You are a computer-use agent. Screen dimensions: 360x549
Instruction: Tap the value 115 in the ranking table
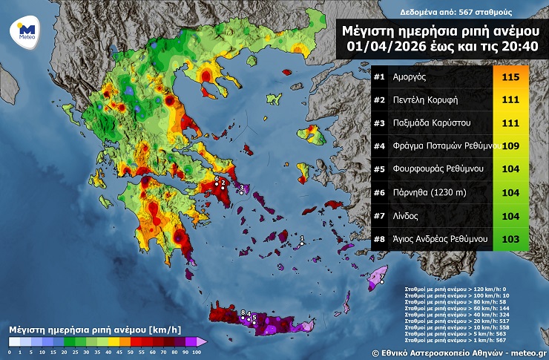point(510,76)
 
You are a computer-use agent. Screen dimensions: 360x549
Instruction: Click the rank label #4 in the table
point(379,145)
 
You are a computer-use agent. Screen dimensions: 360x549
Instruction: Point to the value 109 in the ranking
point(510,145)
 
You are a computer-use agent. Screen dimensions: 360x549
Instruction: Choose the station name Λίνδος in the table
point(406,215)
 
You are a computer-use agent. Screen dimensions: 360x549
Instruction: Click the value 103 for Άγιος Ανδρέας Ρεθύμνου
point(510,238)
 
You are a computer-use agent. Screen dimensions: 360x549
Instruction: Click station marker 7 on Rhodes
point(381,281)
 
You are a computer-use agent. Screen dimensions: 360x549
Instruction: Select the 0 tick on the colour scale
point(10,352)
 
